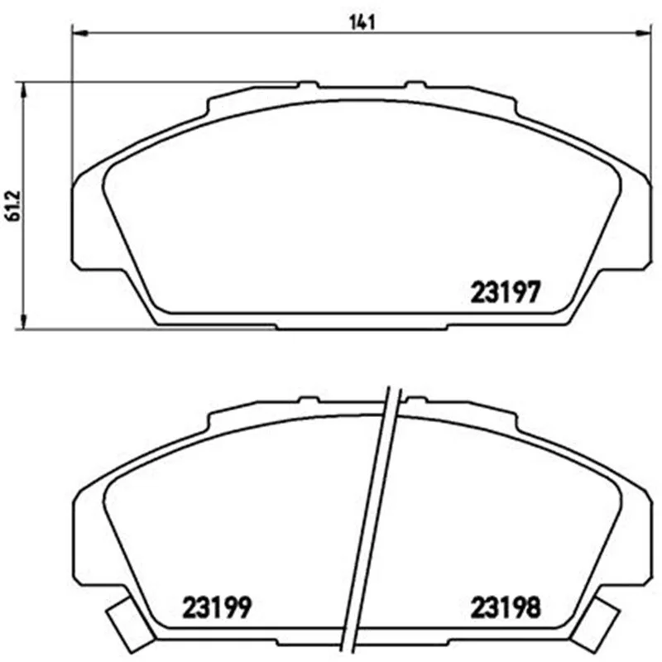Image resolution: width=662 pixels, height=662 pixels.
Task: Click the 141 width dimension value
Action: (x=362, y=22)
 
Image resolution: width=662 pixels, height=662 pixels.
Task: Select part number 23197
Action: (x=506, y=292)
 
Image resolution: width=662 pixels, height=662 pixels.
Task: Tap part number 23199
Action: (x=217, y=607)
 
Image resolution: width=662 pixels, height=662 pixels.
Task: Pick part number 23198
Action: (x=506, y=608)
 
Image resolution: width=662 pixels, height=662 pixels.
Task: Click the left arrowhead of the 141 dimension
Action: (x=79, y=32)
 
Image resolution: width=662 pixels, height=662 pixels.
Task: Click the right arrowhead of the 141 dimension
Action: (x=644, y=32)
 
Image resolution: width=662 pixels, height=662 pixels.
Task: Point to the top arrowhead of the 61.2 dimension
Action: (x=24, y=89)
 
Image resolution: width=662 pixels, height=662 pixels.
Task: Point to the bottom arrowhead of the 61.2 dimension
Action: (x=24, y=321)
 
